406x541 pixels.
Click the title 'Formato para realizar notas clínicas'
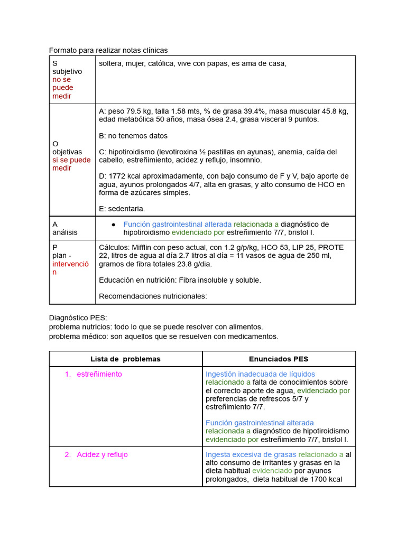point(108,50)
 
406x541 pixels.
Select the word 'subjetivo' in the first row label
point(67,71)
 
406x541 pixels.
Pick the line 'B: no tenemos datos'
point(133,136)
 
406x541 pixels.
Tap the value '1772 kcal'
point(124,176)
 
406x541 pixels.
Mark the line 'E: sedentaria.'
point(122,209)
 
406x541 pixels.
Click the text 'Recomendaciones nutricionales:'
point(153,296)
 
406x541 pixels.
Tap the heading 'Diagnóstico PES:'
point(78,318)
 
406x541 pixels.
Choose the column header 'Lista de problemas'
point(125,359)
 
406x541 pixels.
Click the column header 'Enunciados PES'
point(279,359)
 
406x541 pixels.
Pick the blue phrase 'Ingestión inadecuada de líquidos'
point(260,374)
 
